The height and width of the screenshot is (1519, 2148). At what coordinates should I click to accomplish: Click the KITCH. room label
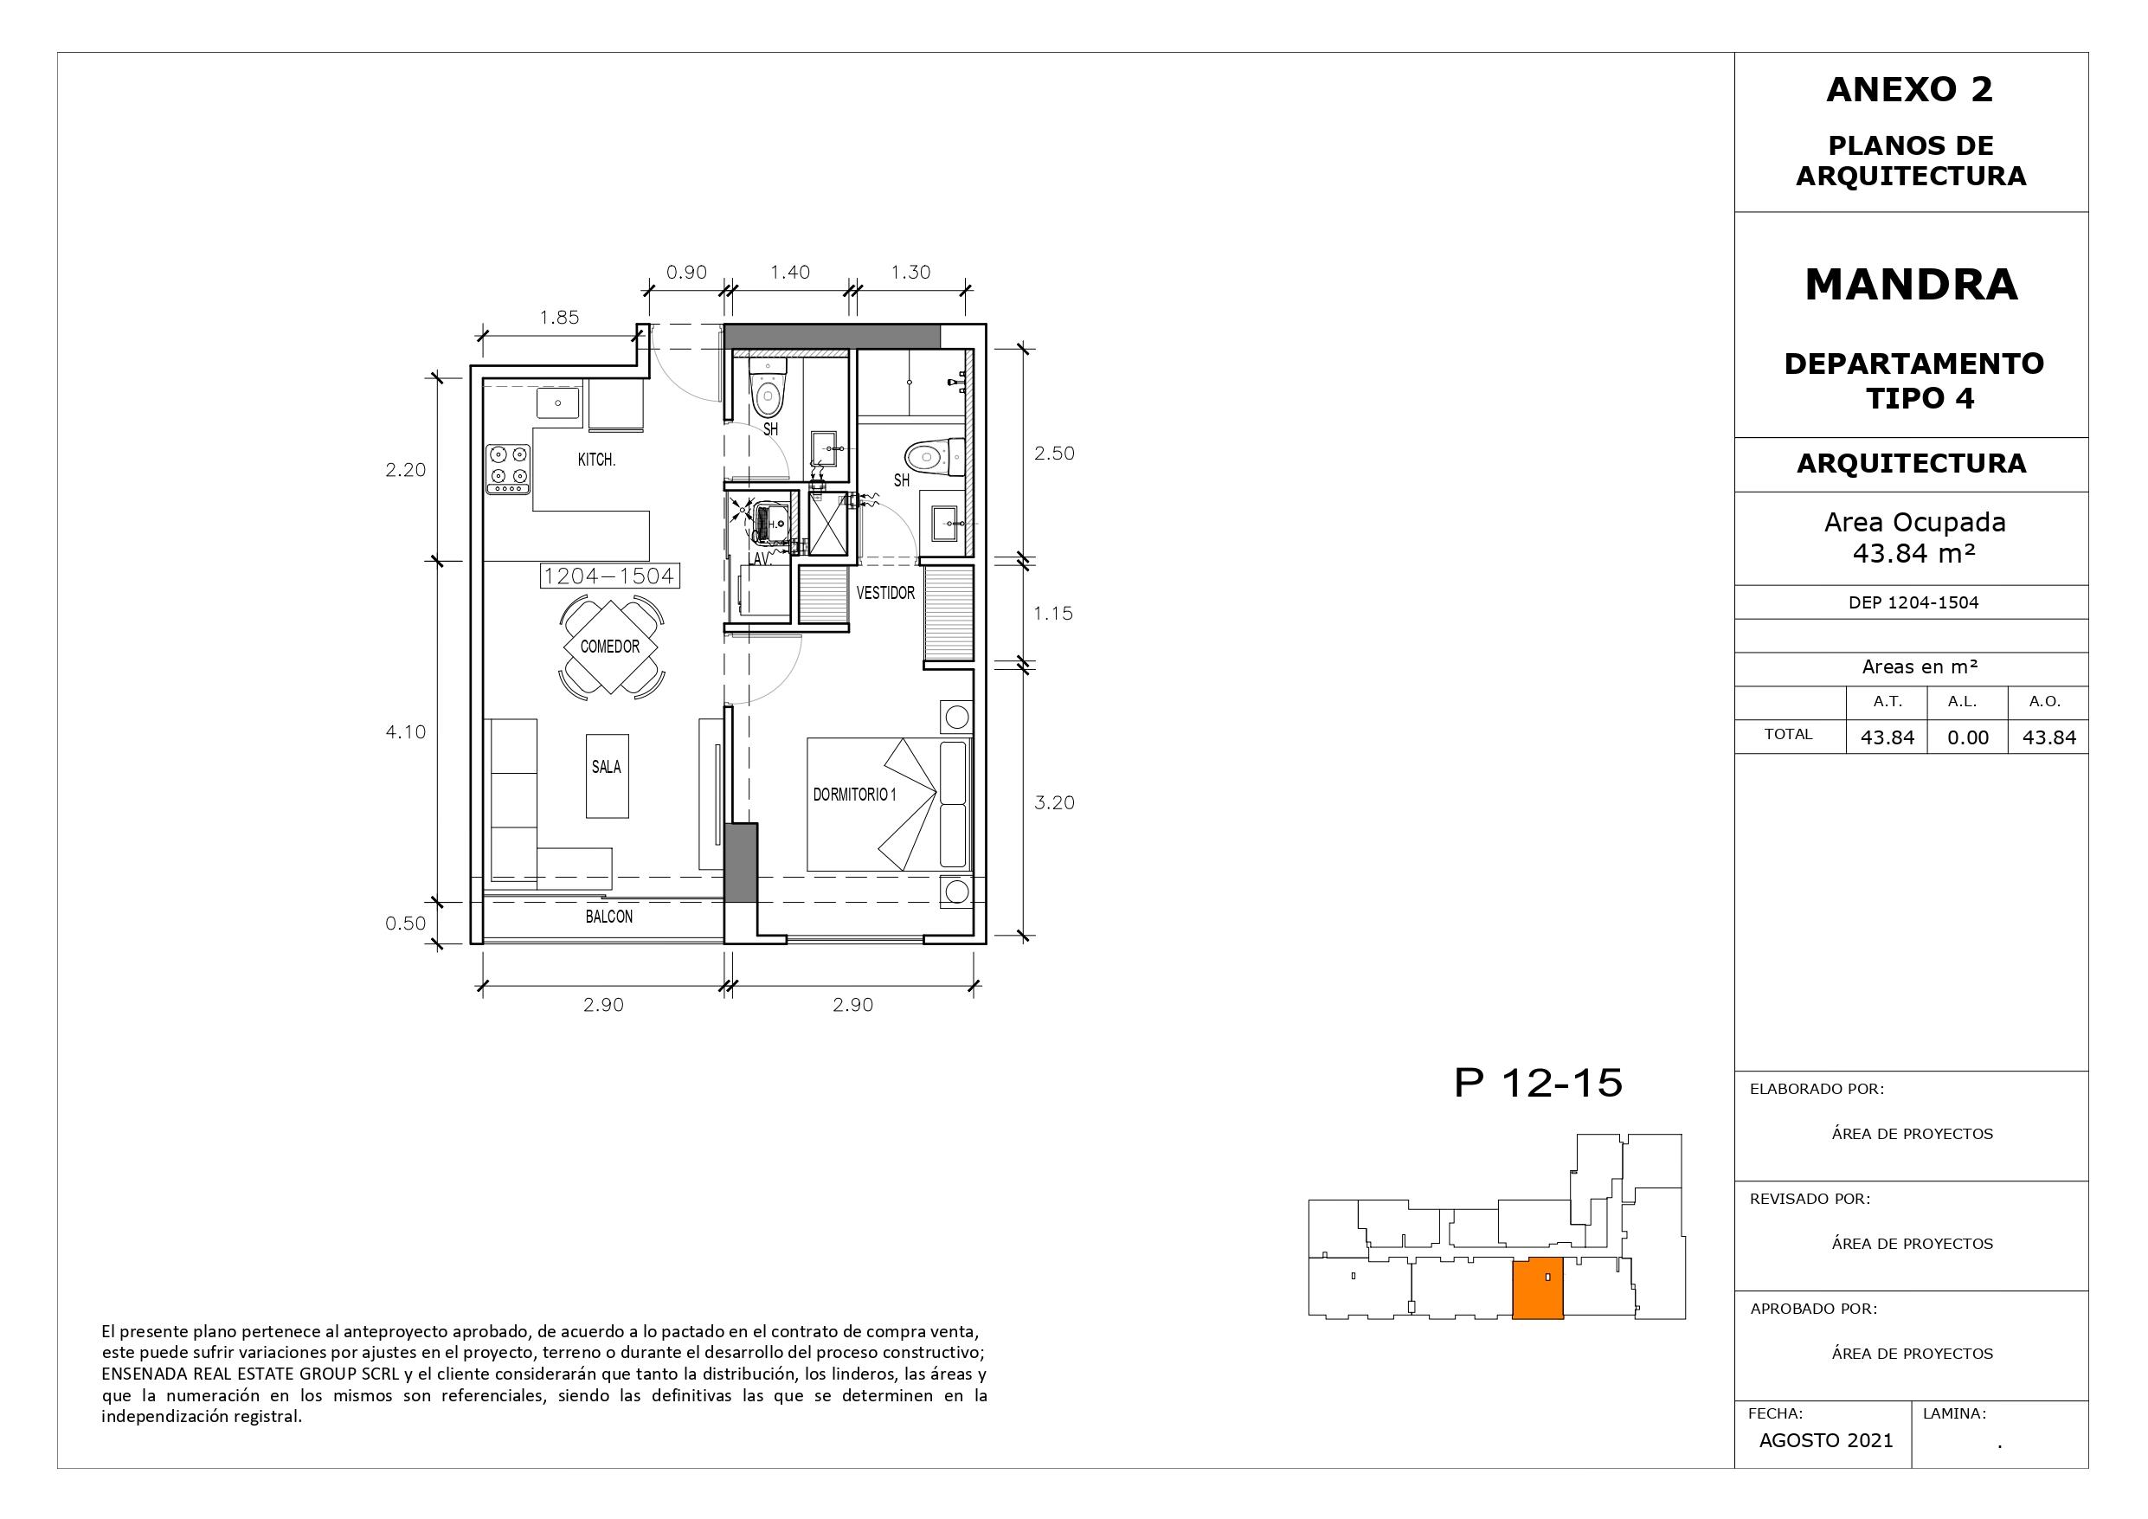tap(596, 460)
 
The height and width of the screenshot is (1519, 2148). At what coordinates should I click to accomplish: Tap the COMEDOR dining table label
tap(610, 647)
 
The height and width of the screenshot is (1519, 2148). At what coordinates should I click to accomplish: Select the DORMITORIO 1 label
tap(854, 795)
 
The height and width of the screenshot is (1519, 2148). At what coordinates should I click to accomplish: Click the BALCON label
tap(609, 917)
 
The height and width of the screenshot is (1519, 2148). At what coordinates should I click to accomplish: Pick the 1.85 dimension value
tap(559, 318)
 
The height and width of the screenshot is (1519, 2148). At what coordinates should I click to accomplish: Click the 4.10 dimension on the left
tap(405, 732)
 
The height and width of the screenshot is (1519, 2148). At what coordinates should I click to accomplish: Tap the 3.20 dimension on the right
tap(1054, 803)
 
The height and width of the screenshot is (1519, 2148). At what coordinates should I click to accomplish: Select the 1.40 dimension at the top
tap(789, 273)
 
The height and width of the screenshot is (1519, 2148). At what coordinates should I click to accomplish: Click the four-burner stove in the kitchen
tap(508, 470)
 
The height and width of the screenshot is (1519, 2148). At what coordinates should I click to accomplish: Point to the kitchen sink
tap(557, 404)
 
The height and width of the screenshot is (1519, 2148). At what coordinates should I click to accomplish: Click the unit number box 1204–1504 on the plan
tap(609, 576)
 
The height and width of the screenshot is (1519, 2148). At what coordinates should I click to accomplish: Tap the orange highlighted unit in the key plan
tap(1538, 1290)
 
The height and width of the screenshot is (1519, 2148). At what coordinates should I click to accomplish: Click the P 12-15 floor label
tap(1538, 1083)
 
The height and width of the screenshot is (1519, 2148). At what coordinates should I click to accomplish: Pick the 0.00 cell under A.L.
tap(1967, 737)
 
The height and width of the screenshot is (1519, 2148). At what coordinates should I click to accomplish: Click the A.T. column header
tap(1887, 702)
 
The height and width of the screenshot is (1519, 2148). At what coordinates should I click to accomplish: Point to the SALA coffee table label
tap(606, 768)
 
